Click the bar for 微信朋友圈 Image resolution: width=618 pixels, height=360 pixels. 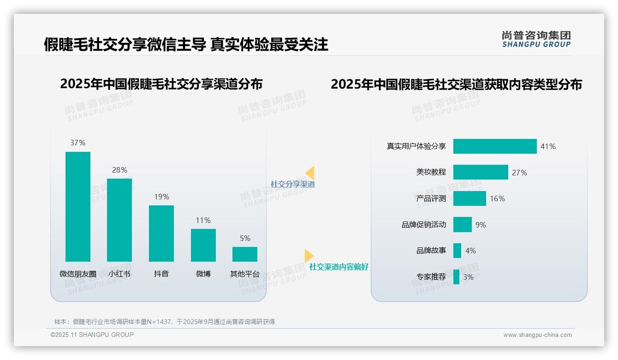click(x=77, y=206)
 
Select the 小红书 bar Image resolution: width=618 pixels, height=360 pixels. click(x=119, y=220)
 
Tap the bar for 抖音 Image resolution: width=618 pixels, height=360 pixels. click(x=161, y=233)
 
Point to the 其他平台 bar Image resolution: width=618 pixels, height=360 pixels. click(x=245, y=254)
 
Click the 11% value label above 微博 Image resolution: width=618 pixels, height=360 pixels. click(x=203, y=221)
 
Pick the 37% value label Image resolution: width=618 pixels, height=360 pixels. click(x=77, y=143)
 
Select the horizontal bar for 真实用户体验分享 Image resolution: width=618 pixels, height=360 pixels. click(x=495, y=146)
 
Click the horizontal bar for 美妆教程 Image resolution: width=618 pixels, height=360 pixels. click(x=481, y=172)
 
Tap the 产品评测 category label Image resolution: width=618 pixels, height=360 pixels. click(x=431, y=198)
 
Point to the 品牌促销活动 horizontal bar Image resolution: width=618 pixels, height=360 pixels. click(x=463, y=225)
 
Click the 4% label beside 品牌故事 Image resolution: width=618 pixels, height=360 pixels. click(x=470, y=251)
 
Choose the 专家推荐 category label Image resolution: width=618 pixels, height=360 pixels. click(x=431, y=277)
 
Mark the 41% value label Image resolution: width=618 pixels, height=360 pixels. click(x=548, y=147)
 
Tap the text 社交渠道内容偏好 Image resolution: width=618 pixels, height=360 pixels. click(x=339, y=267)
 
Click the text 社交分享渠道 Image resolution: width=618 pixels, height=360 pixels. click(x=292, y=184)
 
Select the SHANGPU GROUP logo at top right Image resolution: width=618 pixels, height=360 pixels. click(x=536, y=39)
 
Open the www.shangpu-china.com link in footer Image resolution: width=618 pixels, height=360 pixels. click(x=537, y=335)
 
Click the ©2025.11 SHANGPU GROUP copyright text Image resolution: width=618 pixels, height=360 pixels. click(x=92, y=335)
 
